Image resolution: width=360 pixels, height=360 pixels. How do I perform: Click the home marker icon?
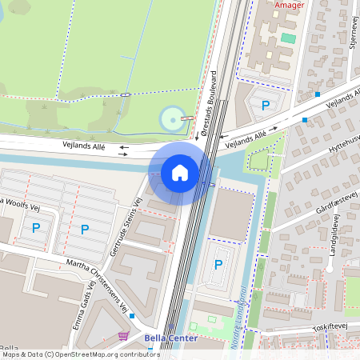pos(180,172)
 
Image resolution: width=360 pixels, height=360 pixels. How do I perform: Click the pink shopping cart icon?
pos(123,337)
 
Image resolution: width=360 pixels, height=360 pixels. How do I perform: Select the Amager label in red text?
pos(290,5)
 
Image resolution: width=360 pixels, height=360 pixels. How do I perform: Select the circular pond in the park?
pos(171,120)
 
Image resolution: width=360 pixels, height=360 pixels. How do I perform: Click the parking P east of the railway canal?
pos(218,265)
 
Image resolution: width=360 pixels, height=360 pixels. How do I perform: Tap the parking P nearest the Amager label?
pos(266,105)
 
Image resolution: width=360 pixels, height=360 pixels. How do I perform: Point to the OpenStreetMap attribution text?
pos(80,354)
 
